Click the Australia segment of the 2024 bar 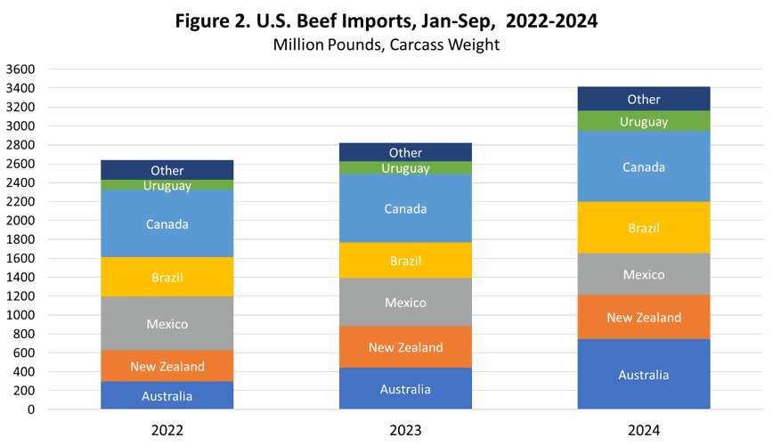[x=643, y=375]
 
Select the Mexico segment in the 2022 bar [x=167, y=324]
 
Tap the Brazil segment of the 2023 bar [x=405, y=261]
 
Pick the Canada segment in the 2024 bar [x=643, y=167]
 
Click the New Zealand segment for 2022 [x=167, y=366]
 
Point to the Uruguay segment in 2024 [x=643, y=122]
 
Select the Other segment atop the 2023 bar [x=405, y=153]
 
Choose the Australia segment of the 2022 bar [x=167, y=395]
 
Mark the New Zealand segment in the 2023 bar [x=405, y=347]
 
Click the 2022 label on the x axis [x=167, y=430]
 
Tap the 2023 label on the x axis [x=405, y=430]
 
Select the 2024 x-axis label [x=643, y=430]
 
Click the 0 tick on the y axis [x=31, y=410]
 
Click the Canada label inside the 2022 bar [x=167, y=224]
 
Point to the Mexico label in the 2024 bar [x=643, y=274]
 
